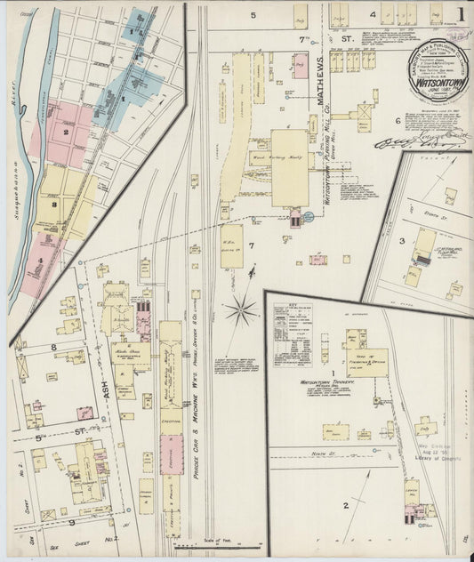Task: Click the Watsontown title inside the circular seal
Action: [x=430, y=76]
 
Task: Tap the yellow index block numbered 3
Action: [x=54, y=205]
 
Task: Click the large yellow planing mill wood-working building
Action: [x=290, y=167]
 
